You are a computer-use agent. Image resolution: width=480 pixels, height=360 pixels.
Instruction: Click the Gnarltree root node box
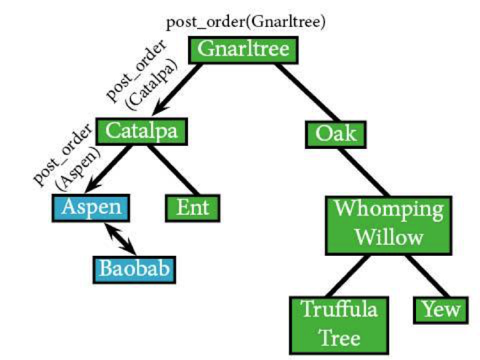coord(243,50)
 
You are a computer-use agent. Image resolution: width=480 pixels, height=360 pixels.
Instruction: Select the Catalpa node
coord(141,131)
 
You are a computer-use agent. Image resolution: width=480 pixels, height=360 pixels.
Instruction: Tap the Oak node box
coord(336,134)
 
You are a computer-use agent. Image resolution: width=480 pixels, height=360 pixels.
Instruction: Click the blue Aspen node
coord(91,208)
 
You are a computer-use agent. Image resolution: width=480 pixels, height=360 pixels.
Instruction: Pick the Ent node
coord(193,208)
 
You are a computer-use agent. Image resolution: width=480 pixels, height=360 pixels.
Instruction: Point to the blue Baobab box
coord(134,269)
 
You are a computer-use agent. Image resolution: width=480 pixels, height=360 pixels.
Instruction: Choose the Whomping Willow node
coord(388,226)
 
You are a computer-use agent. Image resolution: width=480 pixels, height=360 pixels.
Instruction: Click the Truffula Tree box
coord(339,325)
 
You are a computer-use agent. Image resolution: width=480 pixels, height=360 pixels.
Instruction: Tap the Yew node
coord(441,310)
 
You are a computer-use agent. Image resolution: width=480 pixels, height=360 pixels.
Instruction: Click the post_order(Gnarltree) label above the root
coord(246,22)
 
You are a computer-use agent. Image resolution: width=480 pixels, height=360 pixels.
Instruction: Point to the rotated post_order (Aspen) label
coord(67,158)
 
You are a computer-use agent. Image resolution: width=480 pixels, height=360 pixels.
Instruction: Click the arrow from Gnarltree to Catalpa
coord(177,90)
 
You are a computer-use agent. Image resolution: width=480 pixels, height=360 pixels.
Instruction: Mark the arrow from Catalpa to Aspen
coord(109,169)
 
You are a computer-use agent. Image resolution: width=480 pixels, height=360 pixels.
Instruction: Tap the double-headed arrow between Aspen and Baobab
coord(120,239)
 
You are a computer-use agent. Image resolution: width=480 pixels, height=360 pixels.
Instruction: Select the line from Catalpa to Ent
coord(173,169)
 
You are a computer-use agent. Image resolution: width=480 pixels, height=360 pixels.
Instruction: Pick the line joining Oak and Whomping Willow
coord(364,172)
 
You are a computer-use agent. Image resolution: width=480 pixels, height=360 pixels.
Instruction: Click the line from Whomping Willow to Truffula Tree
coord(348,276)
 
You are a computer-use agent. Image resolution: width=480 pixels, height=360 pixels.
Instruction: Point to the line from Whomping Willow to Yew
coord(428,276)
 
